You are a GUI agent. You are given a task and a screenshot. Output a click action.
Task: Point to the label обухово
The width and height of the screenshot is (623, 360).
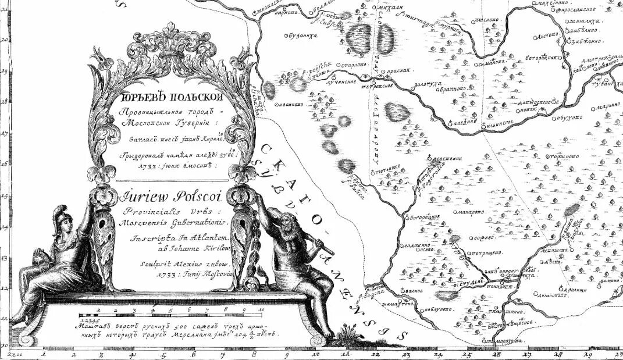point(569,116)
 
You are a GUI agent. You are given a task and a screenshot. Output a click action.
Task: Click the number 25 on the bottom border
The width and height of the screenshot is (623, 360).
point(467,353)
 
